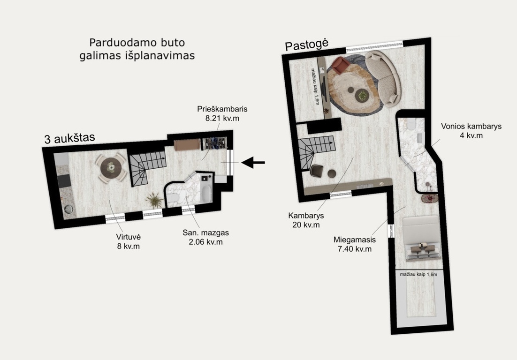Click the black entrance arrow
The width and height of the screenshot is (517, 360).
coord(253,162)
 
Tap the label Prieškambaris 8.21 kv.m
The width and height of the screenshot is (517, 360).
coord(222,113)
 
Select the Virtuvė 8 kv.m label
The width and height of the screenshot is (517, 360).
coord(128,241)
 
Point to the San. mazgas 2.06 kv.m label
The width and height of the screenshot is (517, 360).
coord(206,237)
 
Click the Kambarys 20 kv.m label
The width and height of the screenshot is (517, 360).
coord(306,220)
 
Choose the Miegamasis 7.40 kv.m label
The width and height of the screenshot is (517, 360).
coord(355,244)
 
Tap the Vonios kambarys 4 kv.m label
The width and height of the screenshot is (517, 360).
coord(471,131)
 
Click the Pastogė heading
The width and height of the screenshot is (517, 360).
coord(307,45)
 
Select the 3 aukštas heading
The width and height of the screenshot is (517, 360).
coord(69,138)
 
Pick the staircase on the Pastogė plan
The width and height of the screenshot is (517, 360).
coord(314,151)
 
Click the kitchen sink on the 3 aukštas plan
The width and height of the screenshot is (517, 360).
coord(68,209)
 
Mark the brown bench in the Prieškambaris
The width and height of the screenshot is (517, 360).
coord(187,145)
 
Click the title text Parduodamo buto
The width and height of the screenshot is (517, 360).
coord(137,43)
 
